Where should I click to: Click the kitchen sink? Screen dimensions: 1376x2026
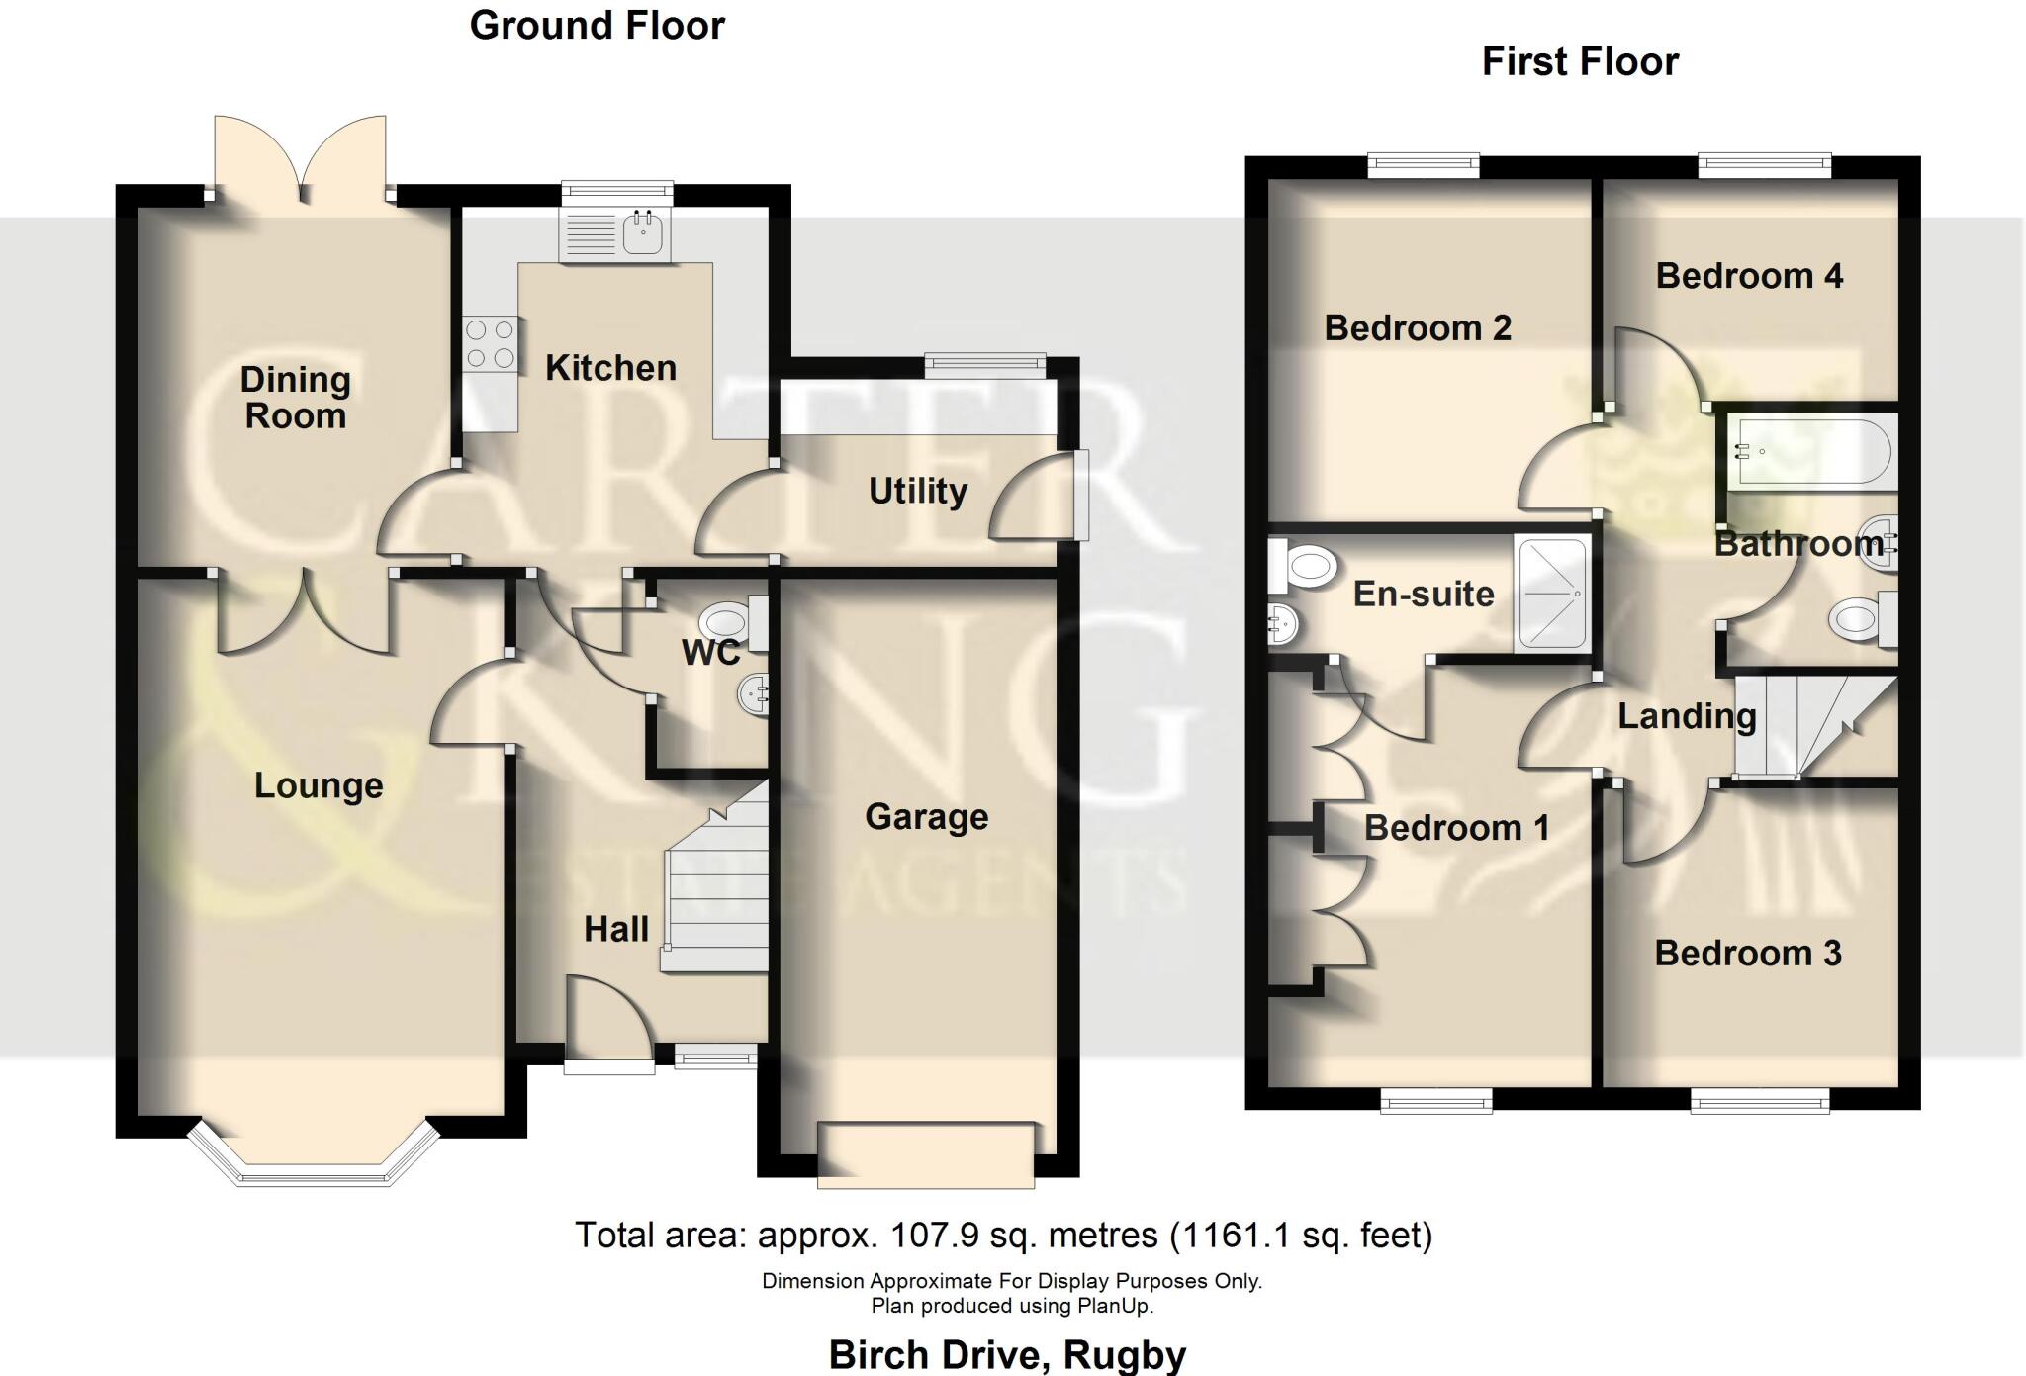click(x=644, y=234)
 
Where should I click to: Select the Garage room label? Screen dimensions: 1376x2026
click(x=926, y=817)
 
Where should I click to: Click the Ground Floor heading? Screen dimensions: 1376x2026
click(x=597, y=26)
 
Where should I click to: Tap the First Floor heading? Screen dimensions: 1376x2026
click(x=1580, y=62)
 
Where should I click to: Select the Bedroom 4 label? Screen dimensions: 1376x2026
click(x=1749, y=276)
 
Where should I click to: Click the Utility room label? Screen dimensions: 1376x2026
click(x=918, y=491)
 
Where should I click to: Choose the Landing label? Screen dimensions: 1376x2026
click(x=1687, y=716)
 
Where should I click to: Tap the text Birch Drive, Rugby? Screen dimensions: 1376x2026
click(x=1007, y=1354)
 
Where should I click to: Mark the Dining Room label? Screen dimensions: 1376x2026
click(x=295, y=398)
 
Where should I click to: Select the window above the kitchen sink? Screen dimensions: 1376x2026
click(x=616, y=193)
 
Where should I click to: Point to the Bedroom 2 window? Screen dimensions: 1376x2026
click(x=1424, y=166)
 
